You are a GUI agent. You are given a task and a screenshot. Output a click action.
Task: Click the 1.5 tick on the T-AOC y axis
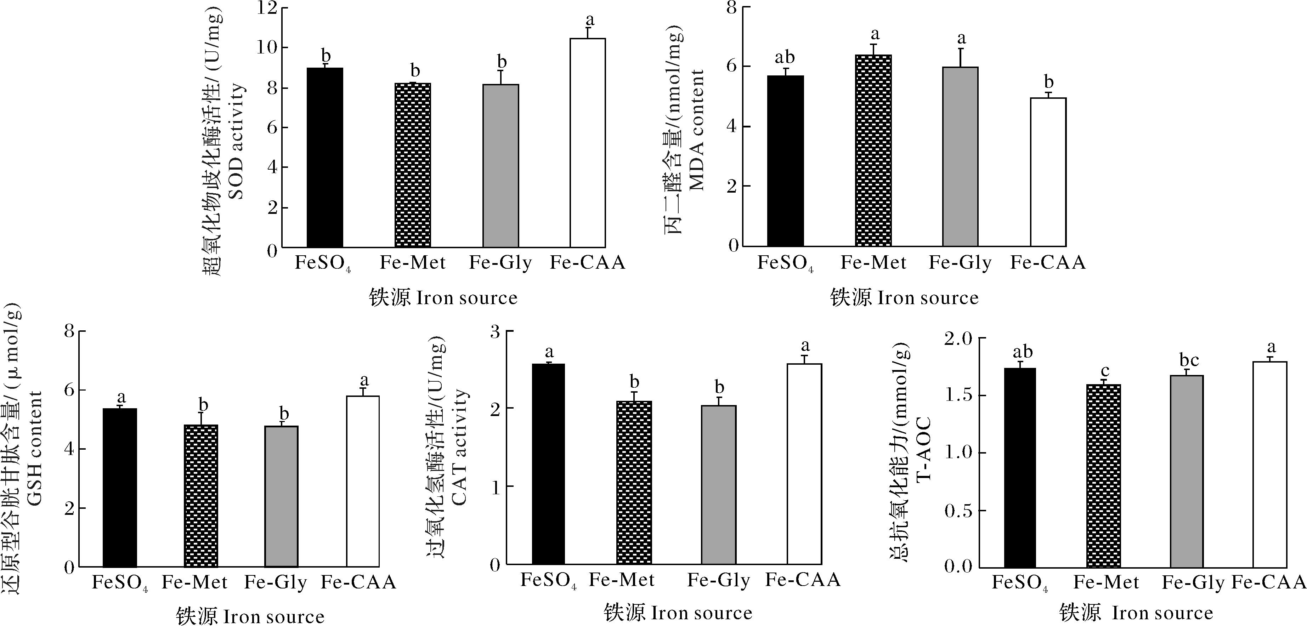point(959,395)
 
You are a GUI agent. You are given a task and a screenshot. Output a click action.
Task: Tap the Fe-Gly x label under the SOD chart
point(500,263)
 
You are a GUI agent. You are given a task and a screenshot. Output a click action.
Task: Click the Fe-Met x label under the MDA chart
point(873,263)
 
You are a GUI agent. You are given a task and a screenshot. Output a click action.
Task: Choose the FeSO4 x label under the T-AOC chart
point(1020,583)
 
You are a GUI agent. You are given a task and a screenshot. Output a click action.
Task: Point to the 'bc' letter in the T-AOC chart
point(1189,360)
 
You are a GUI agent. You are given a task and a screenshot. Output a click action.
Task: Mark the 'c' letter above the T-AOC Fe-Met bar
point(1105,372)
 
